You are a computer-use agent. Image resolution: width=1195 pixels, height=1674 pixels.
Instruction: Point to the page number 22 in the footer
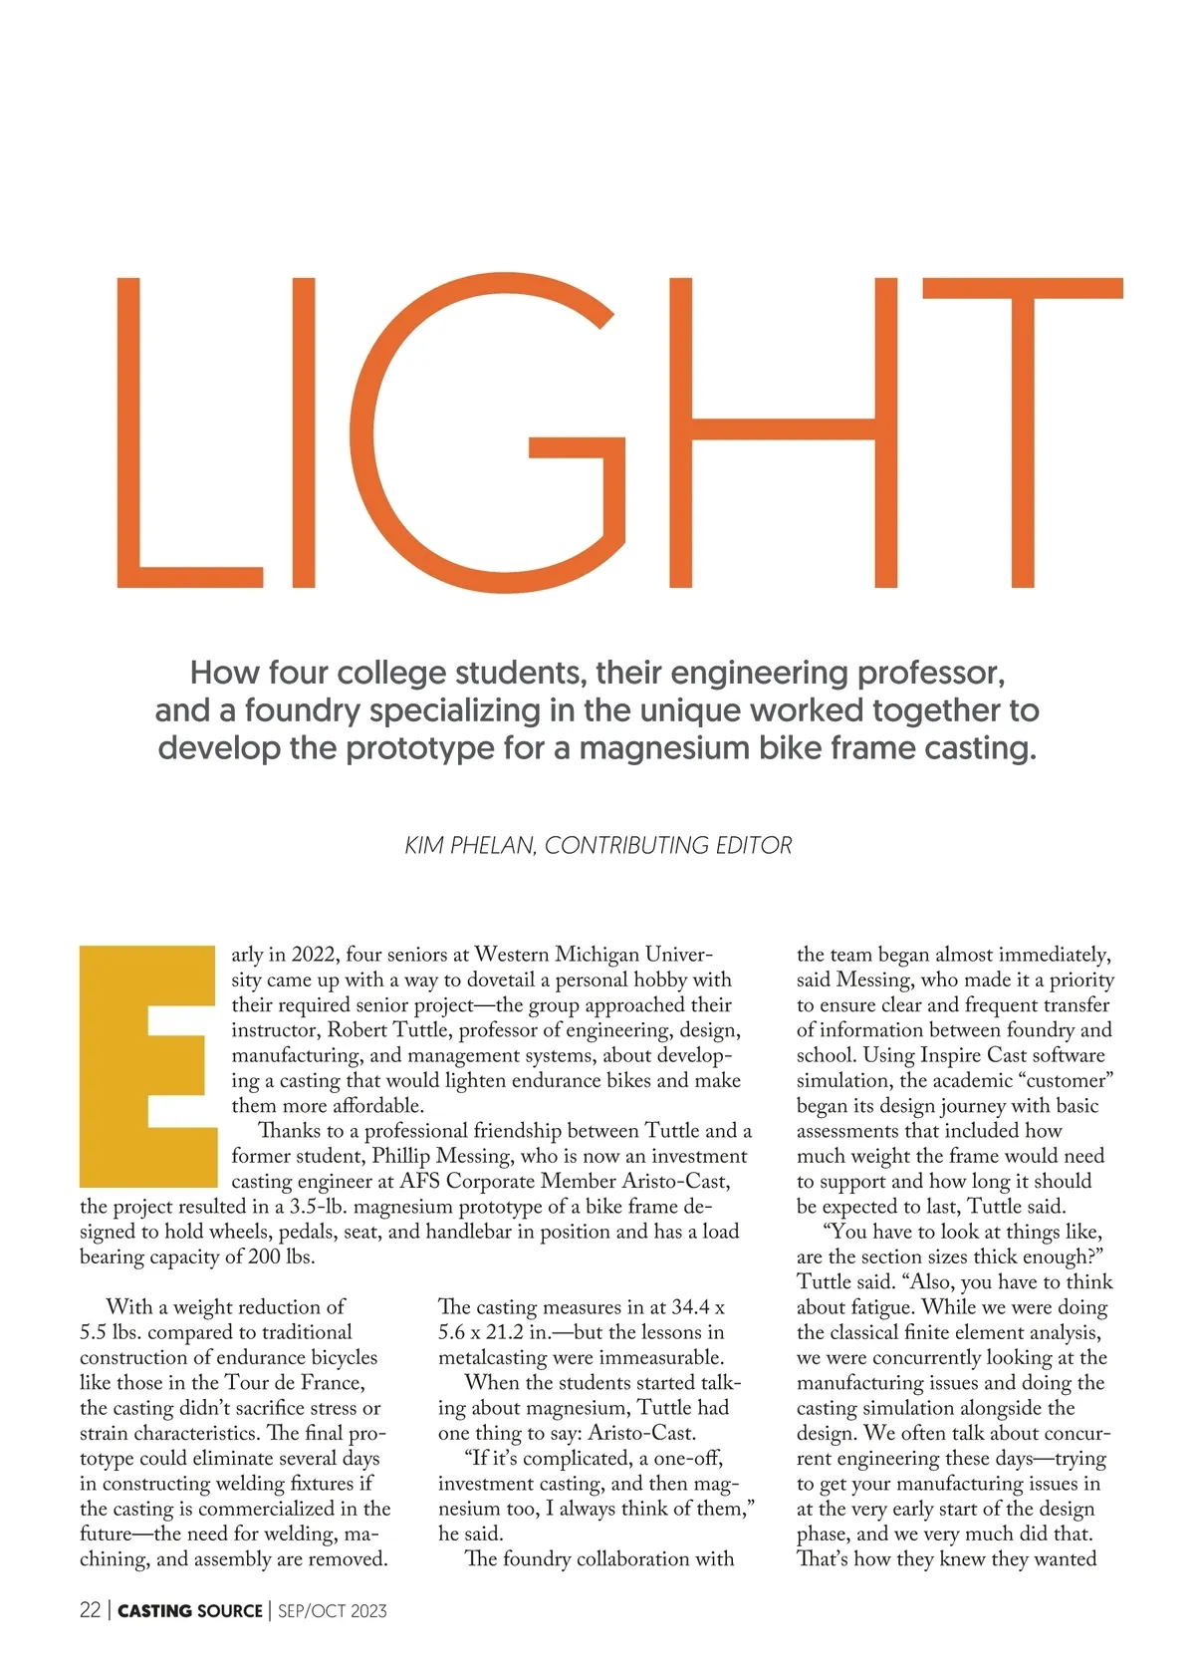(90, 1610)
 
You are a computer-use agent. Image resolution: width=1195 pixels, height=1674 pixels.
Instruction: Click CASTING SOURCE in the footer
(190, 1610)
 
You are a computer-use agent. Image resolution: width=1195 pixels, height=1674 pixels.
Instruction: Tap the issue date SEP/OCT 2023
(333, 1610)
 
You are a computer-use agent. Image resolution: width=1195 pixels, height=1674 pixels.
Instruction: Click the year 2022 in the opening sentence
(316, 955)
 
